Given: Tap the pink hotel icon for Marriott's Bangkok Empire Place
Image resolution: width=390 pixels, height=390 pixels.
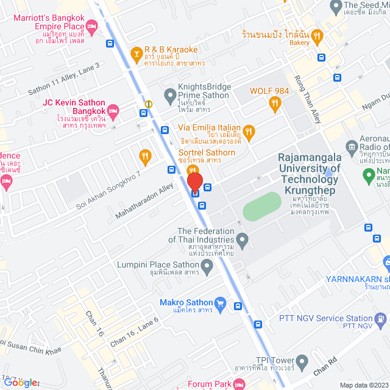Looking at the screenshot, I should [x=91, y=25].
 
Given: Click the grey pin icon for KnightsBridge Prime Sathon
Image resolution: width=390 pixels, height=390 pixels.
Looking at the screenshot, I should [x=171, y=95].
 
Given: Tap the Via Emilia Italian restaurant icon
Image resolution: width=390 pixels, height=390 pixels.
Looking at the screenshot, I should [x=249, y=130].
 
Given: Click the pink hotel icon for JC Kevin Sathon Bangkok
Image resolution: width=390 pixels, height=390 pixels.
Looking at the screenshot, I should [x=112, y=110].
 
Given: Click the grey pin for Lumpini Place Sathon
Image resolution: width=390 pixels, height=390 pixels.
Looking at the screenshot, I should [x=207, y=265].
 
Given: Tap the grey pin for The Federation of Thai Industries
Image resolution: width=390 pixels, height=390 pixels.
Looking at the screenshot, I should [x=243, y=242].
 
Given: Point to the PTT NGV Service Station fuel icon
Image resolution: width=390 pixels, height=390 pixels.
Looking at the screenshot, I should [x=380, y=318].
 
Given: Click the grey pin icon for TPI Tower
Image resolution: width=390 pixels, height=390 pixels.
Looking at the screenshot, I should [x=301, y=360].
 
